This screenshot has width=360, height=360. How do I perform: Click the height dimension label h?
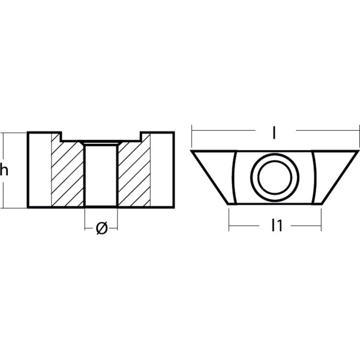pyautogui.click(x=5, y=170)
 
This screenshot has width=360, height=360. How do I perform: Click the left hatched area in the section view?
pyautogui.click(x=67, y=174)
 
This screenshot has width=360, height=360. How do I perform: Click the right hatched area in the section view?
pyautogui.click(x=133, y=174)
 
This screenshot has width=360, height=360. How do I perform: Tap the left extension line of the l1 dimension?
pyautogui.click(x=229, y=220)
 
